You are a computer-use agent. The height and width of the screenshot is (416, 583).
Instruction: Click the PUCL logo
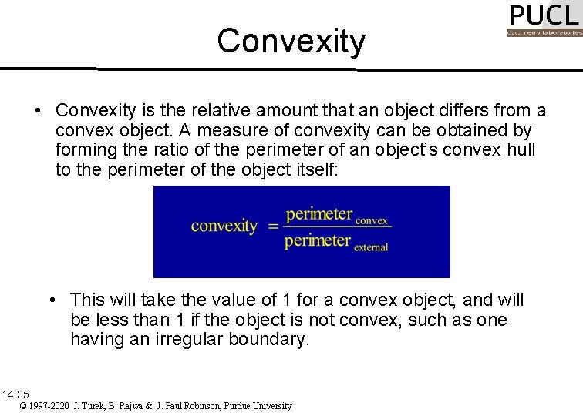(543, 19)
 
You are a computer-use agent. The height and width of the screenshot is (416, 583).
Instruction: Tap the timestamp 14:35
(15, 394)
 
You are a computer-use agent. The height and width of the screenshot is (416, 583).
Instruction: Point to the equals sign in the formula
(272, 226)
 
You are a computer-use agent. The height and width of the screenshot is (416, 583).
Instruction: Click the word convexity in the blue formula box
(224, 226)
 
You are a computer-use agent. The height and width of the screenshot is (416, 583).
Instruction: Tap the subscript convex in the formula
(372, 220)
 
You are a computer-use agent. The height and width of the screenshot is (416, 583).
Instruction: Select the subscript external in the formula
(371, 247)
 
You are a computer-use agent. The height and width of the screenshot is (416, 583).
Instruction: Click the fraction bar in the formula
(337, 226)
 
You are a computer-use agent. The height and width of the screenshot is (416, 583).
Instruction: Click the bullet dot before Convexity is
(38, 111)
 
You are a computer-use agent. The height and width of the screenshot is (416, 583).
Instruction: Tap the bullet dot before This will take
(52, 299)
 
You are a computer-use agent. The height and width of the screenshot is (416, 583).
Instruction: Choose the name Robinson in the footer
(194, 406)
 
